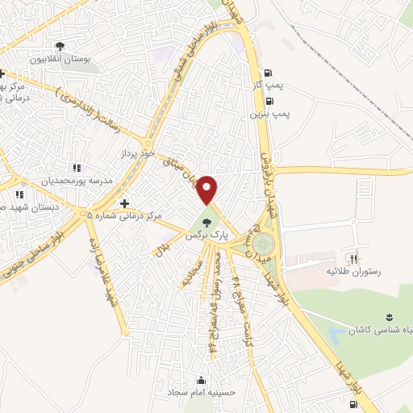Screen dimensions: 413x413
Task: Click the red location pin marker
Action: pyautogui.click(x=208, y=190)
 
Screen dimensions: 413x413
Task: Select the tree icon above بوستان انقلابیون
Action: pyautogui.click(x=60, y=46)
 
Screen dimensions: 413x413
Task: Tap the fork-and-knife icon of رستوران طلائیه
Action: pyautogui.click(x=353, y=259)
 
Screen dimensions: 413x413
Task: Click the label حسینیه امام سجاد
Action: pyautogui.click(x=201, y=393)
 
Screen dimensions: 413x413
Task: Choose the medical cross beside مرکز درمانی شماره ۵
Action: pyautogui.click(x=124, y=203)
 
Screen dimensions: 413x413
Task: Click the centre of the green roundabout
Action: pyautogui.click(x=262, y=244)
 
